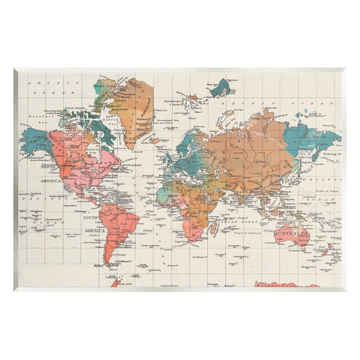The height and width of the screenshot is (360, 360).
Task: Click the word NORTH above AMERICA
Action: pyautogui.click(x=48, y=167)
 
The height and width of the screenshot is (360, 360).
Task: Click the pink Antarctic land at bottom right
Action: pyautogui.click(x=286, y=285)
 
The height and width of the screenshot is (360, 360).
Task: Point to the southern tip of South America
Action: pyautogui.click(x=114, y=263)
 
